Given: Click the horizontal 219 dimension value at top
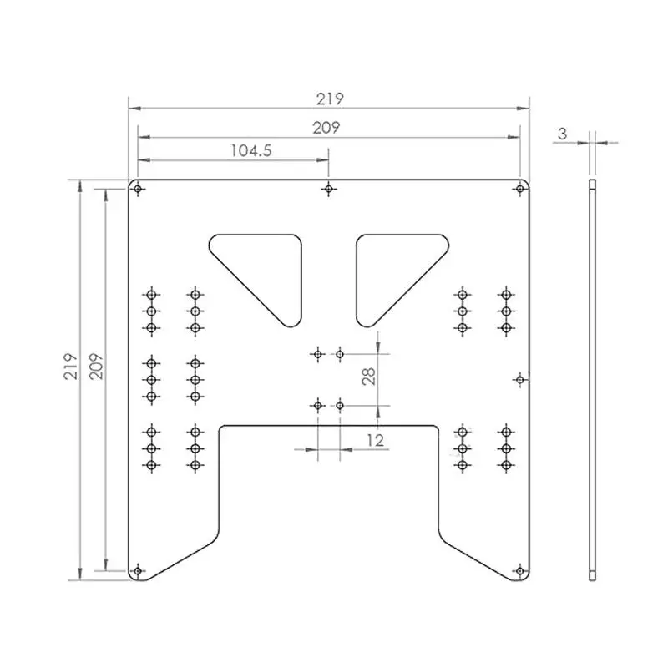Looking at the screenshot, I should point(330,99).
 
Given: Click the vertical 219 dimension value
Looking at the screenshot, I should point(73,366).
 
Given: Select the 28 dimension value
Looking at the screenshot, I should point(369,372).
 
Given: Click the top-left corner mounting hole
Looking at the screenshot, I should point(138,189).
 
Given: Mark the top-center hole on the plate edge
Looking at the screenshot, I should point(329,189).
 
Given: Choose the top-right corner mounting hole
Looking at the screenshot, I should point(520,189).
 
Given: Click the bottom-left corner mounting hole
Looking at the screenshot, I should point(138,571).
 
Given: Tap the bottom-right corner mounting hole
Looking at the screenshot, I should point(520,571).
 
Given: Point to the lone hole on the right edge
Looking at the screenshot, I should point(520,380).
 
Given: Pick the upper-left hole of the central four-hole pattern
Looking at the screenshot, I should point(316,355).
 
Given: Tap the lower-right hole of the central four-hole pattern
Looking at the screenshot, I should point(340,406).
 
